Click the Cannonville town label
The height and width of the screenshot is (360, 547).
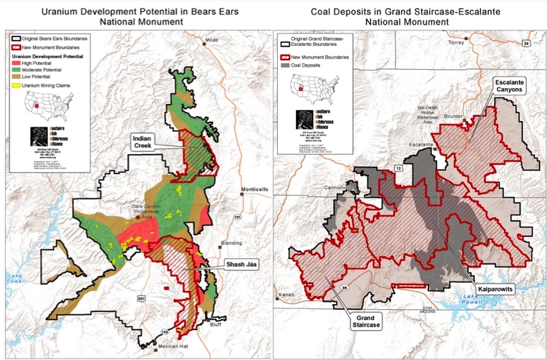point(338,185)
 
